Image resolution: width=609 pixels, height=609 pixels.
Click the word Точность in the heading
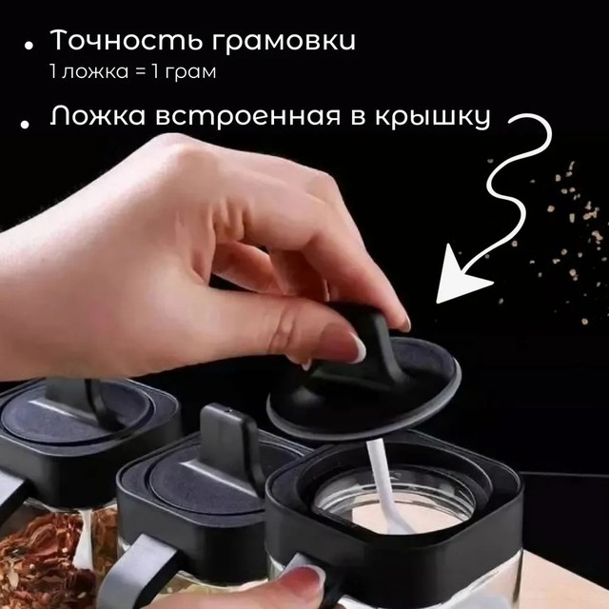point(126,40)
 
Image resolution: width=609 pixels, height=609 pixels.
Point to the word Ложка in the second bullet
point(99,115)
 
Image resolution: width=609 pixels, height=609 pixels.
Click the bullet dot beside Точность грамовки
point(29,46)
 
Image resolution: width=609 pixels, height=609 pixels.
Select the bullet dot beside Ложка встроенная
point(26,124)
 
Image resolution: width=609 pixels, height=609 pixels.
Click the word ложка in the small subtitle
point(95,72)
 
